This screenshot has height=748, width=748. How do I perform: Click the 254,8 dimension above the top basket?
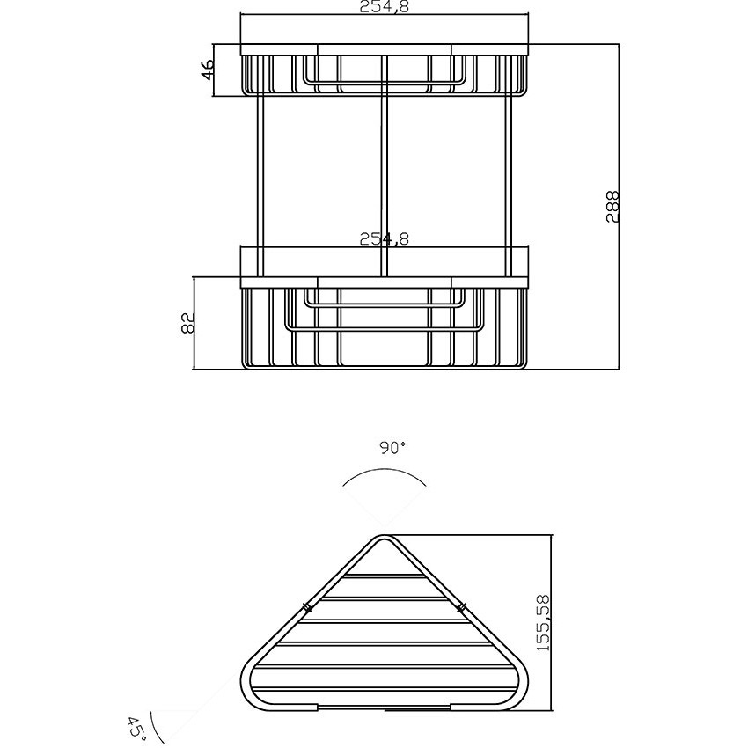[x=384, y=7]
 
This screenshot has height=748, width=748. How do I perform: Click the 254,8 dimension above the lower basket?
[x=384, y=238]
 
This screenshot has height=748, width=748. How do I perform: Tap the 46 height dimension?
[x=207, y=70]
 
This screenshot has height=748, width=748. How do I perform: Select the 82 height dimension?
[x=188, y=323]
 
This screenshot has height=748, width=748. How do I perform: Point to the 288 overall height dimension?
[x=612, y=206]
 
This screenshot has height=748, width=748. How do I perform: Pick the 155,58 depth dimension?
[x=543, y=622]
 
